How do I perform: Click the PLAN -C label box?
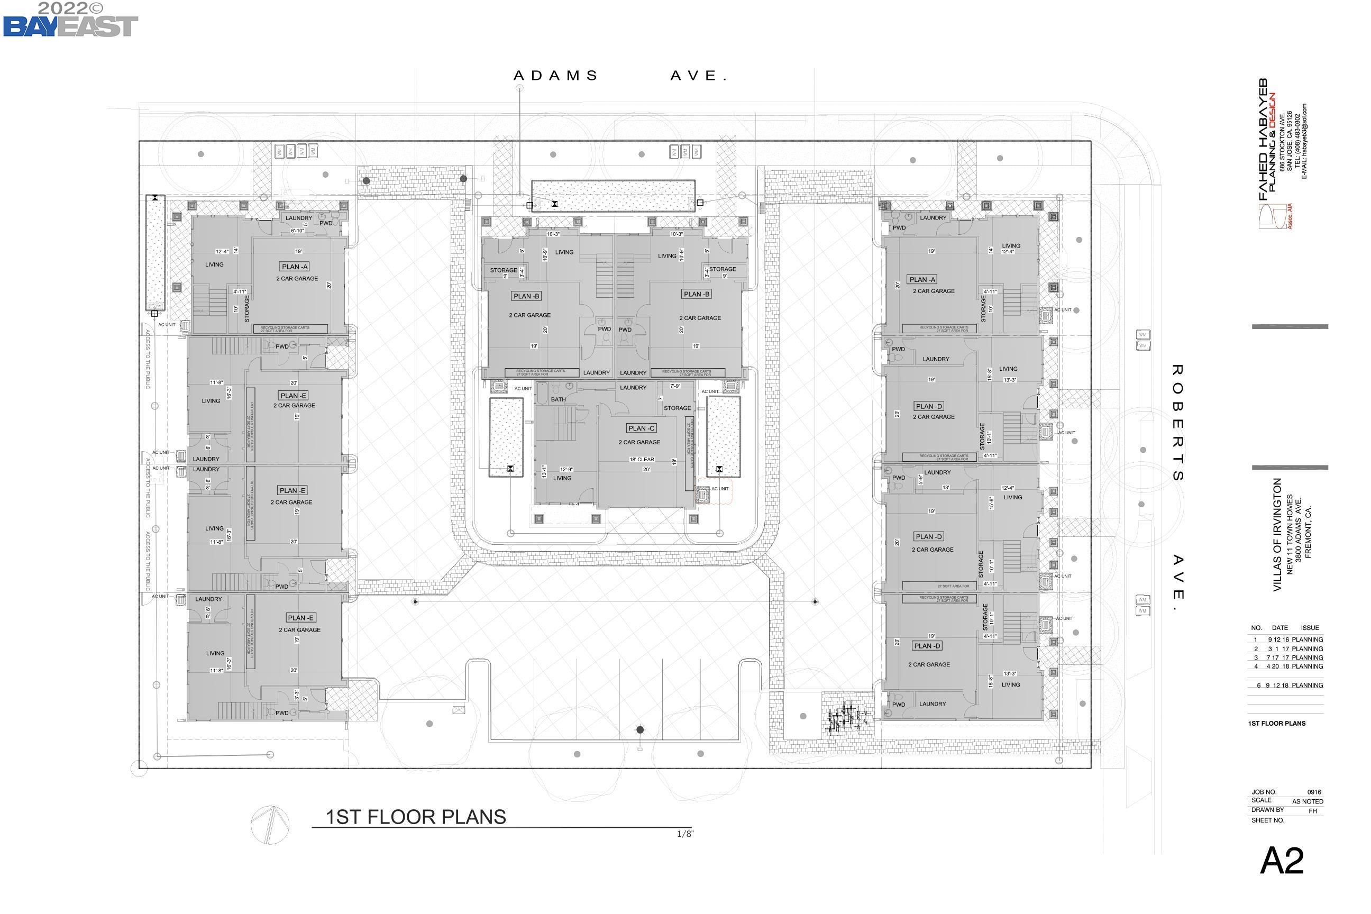coord(641,428)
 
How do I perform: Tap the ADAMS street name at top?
coord(555,76)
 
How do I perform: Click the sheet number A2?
coord(1281,861)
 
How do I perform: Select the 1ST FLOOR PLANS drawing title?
coord(416,817)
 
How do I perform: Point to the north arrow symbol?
coord(270,824)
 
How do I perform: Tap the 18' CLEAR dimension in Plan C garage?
coord(641,459)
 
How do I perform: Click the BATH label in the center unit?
coord(558,399)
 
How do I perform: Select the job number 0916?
coord(1314,792)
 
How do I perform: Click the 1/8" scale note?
coord(685,834)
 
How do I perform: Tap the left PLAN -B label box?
coord(526,296)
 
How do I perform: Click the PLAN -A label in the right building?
coord(922,280)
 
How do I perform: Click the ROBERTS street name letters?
coord(1177,423)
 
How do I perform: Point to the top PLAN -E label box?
coord(293,395)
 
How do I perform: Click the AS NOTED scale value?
coord(1308,801)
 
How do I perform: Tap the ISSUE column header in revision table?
coord(1309,628)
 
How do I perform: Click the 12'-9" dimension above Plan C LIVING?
coord(566,469)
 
